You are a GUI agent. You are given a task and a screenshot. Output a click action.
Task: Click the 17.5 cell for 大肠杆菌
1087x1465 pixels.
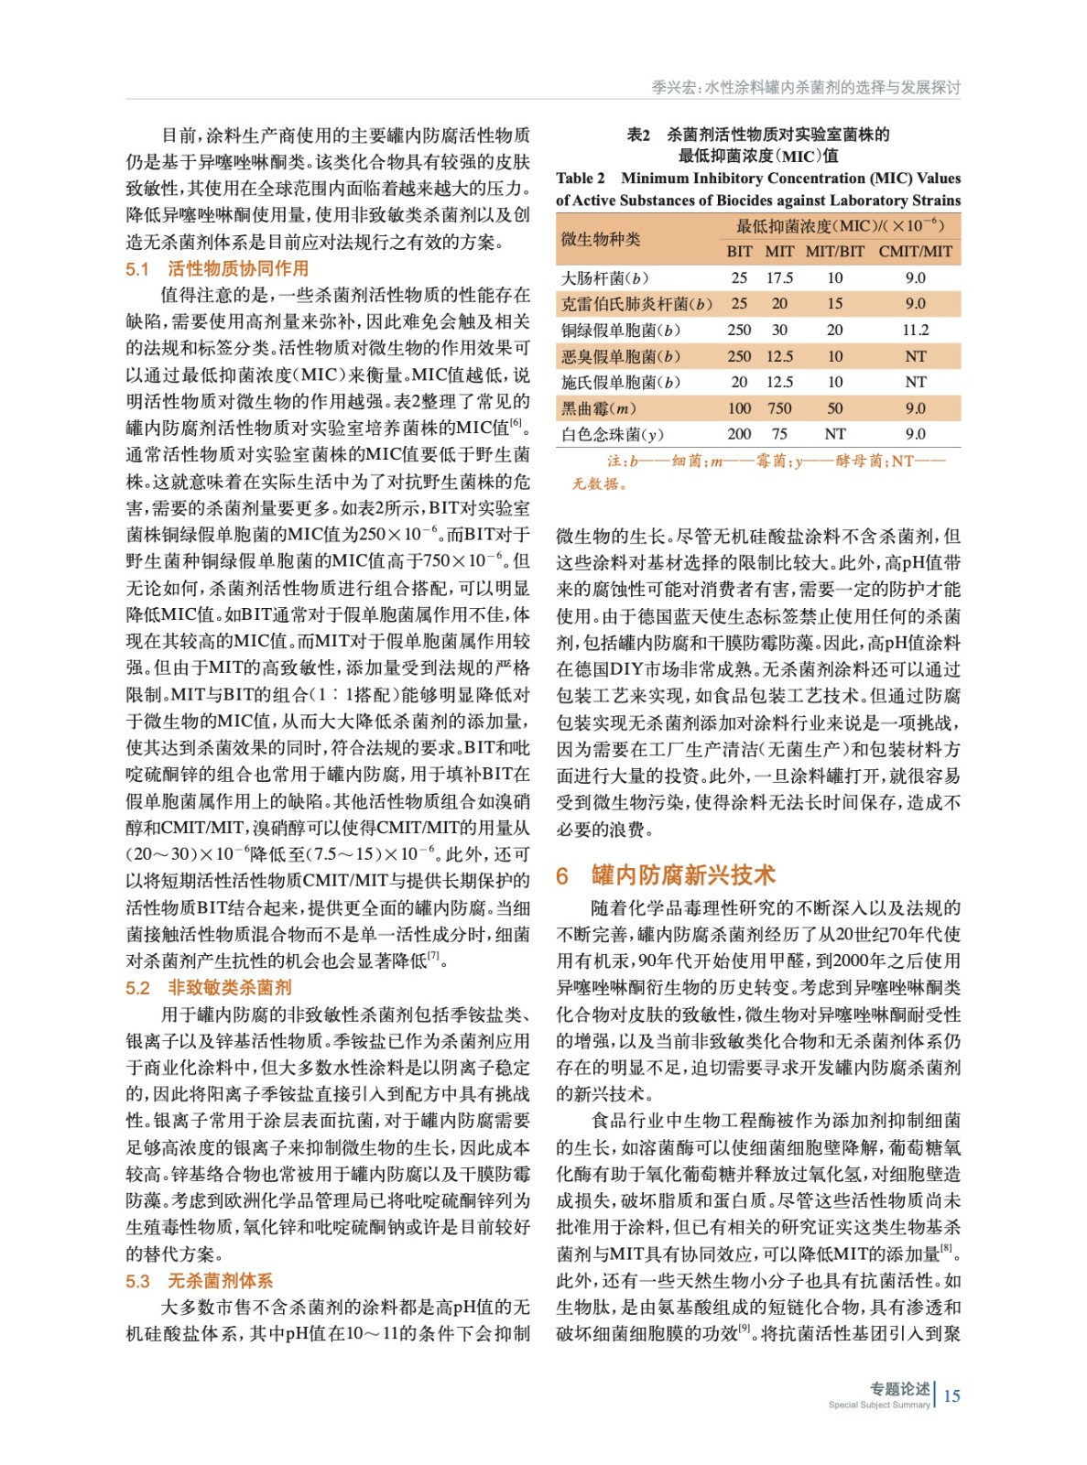[x=779, y=277]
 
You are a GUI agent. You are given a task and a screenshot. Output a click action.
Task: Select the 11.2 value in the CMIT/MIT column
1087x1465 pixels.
[x=915, y=330]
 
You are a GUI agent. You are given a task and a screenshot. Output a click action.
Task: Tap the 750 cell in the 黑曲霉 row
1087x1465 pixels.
[x=779, y=408]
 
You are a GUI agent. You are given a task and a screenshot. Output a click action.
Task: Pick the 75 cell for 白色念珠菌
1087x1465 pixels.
[x=779, y=434]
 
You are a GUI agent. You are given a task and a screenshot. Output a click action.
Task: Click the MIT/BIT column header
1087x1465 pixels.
[x=834, y=251]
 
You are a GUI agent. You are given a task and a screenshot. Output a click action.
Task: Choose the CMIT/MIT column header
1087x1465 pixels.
[x=915, y=251]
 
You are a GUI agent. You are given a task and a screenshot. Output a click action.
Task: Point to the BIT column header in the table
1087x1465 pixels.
[x=739, y=251]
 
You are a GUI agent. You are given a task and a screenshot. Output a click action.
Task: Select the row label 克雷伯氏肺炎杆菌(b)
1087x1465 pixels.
[x=636, y=304]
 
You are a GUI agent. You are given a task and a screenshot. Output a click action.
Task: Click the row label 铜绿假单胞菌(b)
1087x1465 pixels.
[x=620, y=330]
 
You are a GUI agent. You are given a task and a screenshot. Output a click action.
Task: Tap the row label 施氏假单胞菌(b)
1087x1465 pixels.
[x=620, y=382]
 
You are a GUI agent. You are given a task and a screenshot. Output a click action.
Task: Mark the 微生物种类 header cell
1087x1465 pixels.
[x=600, y=239]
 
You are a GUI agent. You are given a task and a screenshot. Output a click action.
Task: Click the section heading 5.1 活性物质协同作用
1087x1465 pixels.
[x=217, y=268]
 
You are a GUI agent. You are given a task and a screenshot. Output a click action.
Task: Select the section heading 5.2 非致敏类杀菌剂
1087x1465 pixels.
[x=209, y=987]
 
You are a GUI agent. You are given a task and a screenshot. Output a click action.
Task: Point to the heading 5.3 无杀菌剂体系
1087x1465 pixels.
[x=200, y=1280]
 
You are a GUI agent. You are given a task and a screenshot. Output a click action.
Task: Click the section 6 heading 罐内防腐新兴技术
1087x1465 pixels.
[x=666, y=875]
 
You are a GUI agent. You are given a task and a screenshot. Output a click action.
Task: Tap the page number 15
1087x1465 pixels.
[x=951, y=1395]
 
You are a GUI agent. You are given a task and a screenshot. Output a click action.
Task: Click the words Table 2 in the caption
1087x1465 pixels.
[x=581, y=179]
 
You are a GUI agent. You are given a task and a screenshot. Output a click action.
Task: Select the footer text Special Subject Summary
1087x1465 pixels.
[x=878, y=1405]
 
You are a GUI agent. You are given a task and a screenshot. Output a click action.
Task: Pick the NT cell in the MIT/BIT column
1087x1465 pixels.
[x=834, y=434]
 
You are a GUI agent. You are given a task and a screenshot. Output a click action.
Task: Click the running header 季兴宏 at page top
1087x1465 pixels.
[x=673, y=87]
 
